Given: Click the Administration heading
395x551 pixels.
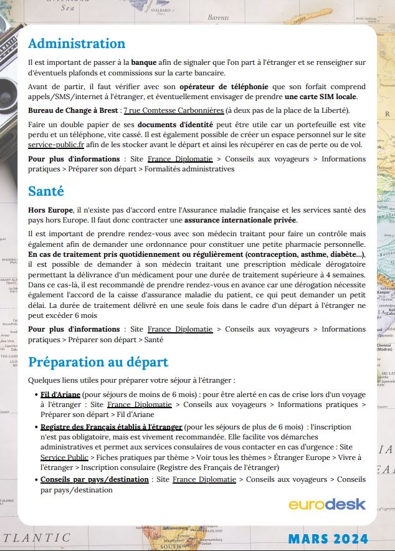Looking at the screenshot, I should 77,44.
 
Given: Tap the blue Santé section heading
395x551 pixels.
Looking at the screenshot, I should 46,191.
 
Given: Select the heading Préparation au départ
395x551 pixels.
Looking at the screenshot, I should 98,362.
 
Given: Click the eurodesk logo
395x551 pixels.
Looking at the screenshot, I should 326,504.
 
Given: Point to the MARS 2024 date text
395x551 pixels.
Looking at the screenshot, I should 328,538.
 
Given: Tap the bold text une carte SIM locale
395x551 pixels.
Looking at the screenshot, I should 321,97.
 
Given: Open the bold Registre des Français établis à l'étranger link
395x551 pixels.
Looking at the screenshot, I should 111,427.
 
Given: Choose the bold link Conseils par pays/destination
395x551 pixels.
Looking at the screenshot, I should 94,479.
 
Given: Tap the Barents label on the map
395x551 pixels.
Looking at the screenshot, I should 217,18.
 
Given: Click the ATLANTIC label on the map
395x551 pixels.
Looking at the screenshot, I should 37,537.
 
